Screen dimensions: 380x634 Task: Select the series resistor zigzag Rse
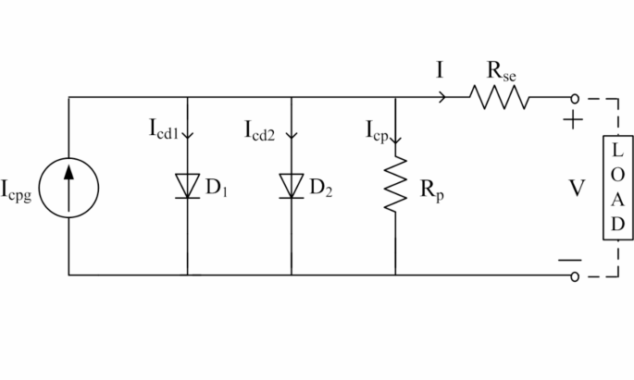pyautogui.click(x=500, y=96)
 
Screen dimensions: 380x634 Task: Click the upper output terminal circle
pyautogui.click(x=574, y=97)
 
